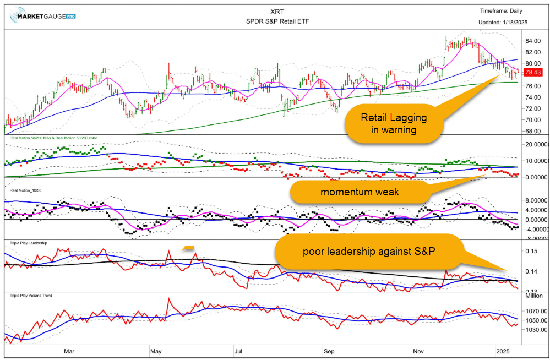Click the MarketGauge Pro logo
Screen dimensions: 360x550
(x=42, y=15)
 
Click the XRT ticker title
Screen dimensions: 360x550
(x=274, y=10)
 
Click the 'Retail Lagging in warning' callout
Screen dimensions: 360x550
(x=394, y=123)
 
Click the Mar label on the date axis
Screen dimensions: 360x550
(x=69, y=350)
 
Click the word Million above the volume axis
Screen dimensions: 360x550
(x=533, y=296)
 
